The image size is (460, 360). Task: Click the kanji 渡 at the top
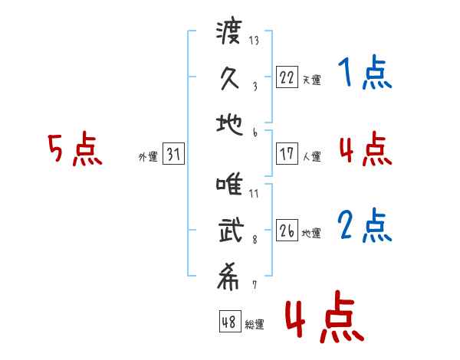[x=229, y=31]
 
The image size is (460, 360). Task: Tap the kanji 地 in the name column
[x=229, y=124]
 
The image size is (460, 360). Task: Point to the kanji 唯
[x=229, y=184]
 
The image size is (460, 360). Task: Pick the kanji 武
[x=232, y=230]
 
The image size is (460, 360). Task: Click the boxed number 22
[x=287, y=77]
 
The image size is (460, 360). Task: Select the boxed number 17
[x=287, y=153]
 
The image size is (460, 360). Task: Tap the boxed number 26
[x=287, y=230]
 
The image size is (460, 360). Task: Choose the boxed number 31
[x=173, y=153]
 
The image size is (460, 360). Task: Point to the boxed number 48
[x=230, y=321]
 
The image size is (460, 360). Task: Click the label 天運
[x=311, y=80]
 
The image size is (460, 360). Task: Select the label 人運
[x=311, y=156]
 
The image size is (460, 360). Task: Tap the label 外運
[x=148, y=156]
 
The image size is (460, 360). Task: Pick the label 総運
[x=255, y=324]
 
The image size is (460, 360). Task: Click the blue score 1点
[x=365, y=72]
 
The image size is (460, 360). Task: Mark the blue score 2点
[x=365, y=225]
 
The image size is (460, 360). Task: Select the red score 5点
[x=75, y=149]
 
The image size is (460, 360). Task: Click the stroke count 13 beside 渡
[x=254, y=40]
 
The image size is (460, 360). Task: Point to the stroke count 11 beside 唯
[x=254, y=193]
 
